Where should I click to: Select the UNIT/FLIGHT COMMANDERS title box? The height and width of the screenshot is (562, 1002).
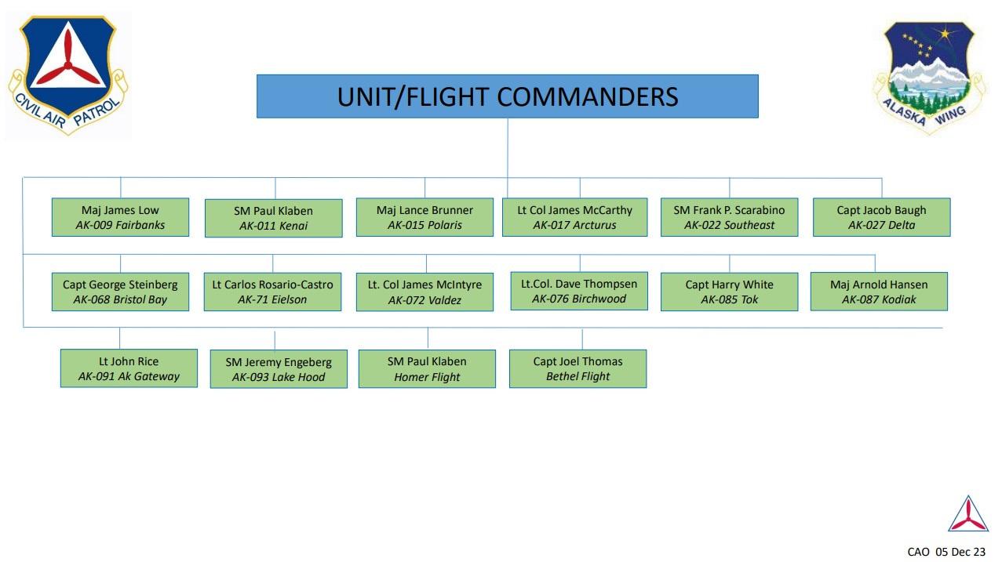click(x=507, y=96)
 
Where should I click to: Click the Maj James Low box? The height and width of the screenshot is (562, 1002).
click(x=120, y=217)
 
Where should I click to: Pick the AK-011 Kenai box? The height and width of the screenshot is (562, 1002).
click(x=273, y=218)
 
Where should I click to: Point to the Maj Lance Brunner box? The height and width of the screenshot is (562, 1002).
click(x=424, y=217)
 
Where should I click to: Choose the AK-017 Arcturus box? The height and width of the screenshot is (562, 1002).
click(x=574, y=217)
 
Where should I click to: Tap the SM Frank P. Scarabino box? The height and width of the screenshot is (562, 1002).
click(x=729, y=217)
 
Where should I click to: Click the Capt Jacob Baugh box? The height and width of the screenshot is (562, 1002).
click(x=881, y=217)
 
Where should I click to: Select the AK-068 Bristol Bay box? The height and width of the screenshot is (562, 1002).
click(x=120, y=292)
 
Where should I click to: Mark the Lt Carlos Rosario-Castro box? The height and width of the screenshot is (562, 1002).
click(x=272, y=292)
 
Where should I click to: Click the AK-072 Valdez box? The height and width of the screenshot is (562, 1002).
click(x=424, y=292)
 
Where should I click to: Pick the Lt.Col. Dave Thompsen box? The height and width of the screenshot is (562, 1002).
click(x=579, y=291)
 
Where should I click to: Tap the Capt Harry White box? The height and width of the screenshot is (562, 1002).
click(x=729, y=292)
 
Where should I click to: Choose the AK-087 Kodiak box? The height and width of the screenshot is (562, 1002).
click(x=879, y=292)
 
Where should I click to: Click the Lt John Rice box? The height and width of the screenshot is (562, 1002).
click(x=129, y=368)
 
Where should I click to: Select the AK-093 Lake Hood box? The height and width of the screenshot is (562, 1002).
click(x=279, y=369)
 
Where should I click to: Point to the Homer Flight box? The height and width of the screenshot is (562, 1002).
click(x=427, y=368)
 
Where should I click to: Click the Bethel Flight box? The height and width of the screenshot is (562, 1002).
click(x=578, y=368)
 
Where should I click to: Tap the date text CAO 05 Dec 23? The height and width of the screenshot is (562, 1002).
click(x=946, y=552)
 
